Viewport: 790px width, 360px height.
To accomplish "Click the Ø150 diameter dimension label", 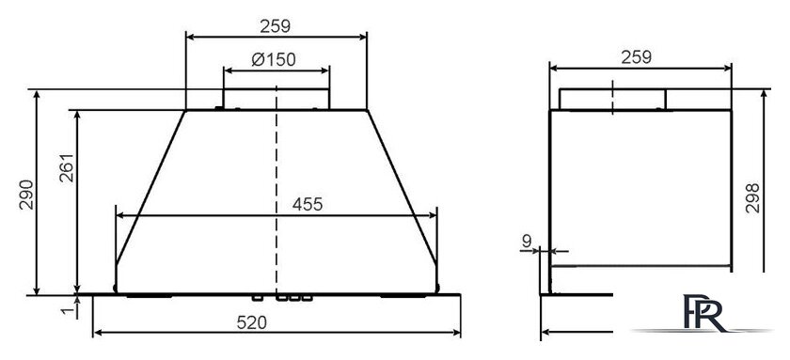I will [x=275, y=59].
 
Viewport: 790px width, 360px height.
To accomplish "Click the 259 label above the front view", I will [x=275, y=25].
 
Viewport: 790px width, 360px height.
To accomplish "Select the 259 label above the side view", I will [x=638, y=56].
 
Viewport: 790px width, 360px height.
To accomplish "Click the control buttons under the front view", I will [x=293, y=298].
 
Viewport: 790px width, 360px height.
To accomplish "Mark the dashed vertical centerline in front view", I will [x=276, y=188].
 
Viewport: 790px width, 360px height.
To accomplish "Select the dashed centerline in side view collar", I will [x=611, y=99].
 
